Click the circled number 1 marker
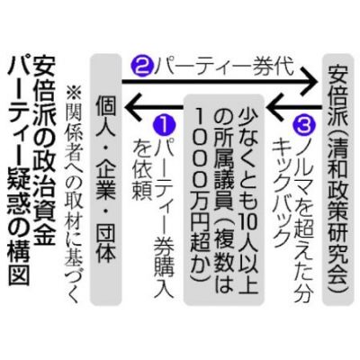coord(164,126)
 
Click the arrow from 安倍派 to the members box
coord(293,106)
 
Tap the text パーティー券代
coord(223,68)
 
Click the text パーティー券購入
coord(164,219)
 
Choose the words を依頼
coord(141,169)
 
